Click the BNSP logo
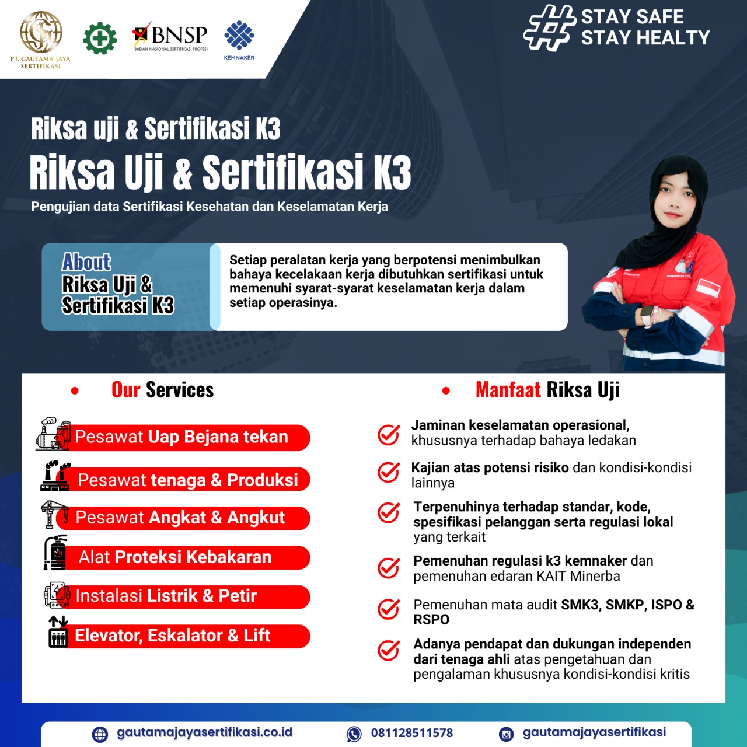[x=170, y=37]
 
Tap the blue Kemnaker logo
[x=239, y=38]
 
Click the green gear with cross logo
[x=100, y=39]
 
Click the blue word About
[x=86, y=262]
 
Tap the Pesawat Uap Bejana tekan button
[x=187, y=437]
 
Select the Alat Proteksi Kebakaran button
[x=187, y=557]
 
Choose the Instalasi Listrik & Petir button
[x=187, y=596]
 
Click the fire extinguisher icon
[x=56, y=552]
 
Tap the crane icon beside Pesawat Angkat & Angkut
[x=55, y=514]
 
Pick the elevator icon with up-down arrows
[x=58, y=631]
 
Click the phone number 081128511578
[x=411, y=733]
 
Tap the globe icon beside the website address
[x=100, y=734]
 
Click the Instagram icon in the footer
[x=507, y=734]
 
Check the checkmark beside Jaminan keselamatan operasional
[x=389, y=434]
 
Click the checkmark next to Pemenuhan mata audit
[x=389, y=609]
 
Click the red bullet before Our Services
[x=75, y=390]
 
